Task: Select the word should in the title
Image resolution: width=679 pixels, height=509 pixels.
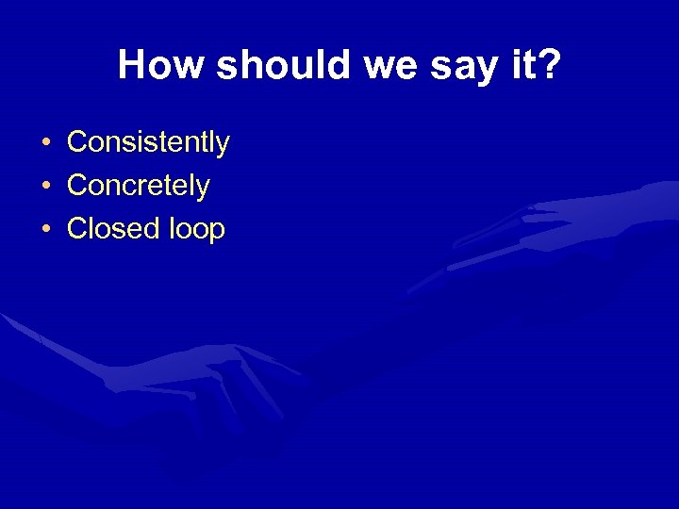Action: pyautogui.click(x=261, y=65)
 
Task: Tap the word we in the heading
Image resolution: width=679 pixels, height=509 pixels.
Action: pyautogui.click(x=361, y=65)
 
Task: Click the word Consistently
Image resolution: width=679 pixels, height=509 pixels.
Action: pyautogui.click(x=148, y=142)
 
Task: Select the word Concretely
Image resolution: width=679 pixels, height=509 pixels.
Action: pyautogui.click(x=139, y=186)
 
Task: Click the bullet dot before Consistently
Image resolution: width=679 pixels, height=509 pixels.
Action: pyautogui.click(x=45, y=143)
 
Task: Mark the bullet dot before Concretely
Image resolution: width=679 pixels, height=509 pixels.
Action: pyautogui.click(x=45, y=187)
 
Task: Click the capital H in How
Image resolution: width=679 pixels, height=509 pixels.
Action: pyautogui.click(x=130, y=65)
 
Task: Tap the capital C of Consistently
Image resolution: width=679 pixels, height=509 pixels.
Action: pyautogui.click(x=77, y=142)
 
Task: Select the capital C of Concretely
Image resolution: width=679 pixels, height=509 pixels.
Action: pyautogui.click(x=77, y=186)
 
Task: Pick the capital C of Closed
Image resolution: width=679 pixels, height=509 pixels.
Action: pyautogui.click(x=77, y=229)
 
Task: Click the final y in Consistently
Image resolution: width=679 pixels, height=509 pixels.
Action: pyautogui.click(x=223, y=145)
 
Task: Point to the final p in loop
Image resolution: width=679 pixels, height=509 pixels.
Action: pyautogui.click(x=218, y=232)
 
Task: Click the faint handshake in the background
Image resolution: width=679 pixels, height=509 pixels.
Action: pyautogui.click(x=236, y=386)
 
